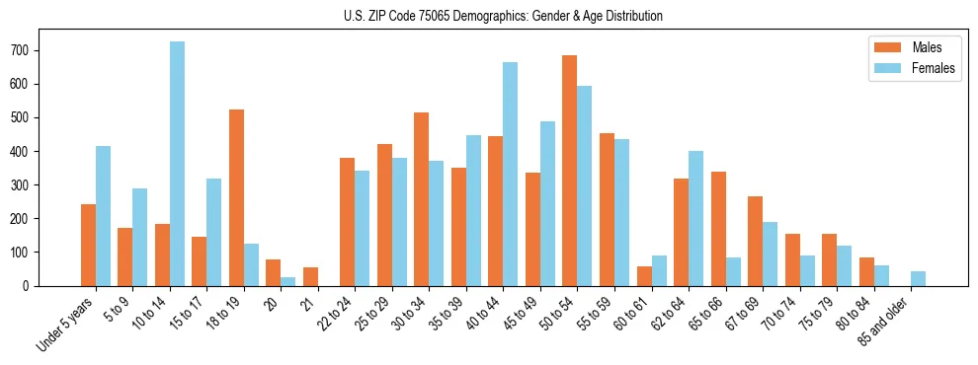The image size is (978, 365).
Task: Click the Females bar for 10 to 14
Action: coord(177,164)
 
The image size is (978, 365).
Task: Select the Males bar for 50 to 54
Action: coord(570,171)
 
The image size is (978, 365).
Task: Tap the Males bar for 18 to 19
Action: coord(236,197)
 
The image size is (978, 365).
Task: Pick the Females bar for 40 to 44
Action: coord(511,174)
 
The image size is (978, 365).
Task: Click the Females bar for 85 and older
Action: coord(918,278)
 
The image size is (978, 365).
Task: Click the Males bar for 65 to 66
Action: coord(718,229)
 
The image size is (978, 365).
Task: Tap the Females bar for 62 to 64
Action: coord(695,218)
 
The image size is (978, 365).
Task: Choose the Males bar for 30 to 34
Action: coord(422,199)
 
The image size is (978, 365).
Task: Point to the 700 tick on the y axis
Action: coord(37,50)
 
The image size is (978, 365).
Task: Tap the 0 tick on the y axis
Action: coord(37,285)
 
